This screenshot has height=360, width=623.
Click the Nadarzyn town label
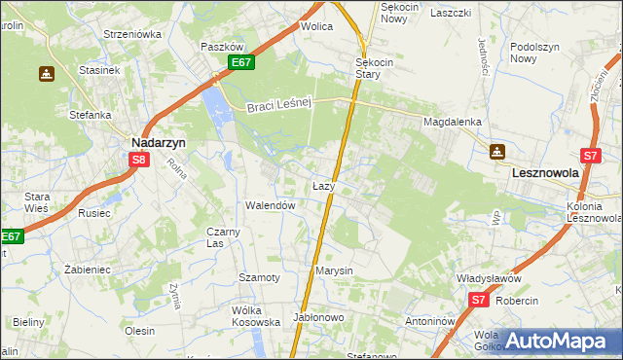tap(159, 140)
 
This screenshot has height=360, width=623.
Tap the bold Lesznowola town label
tap(545, 172)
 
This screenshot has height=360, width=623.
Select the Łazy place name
tap(324, 185)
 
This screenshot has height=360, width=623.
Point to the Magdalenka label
tap(453, 122)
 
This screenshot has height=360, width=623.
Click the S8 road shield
tap(140, 161)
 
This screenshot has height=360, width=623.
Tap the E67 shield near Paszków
tap(242, 63)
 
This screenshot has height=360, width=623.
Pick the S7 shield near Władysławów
tap(477, 302)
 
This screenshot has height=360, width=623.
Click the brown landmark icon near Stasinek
tap(46, 73)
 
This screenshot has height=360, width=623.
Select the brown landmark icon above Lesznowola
tap(497, 151)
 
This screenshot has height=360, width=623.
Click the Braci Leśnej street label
tap(277, 106)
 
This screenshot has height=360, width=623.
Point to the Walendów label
tap(270, 206)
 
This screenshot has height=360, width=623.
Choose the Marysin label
tap(333, 270)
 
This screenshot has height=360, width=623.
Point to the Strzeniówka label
tap(132, 34)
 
